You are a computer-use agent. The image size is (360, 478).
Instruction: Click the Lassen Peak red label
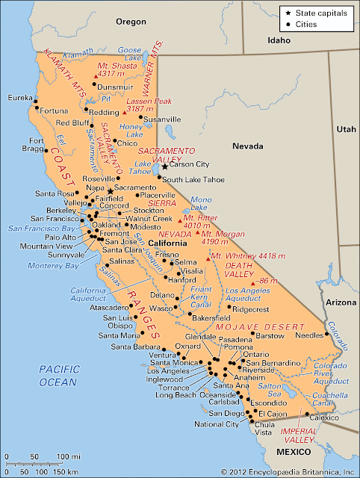pos(149,105)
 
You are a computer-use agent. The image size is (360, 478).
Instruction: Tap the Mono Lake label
pos(202,203)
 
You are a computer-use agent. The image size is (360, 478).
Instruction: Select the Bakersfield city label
pos(190,317)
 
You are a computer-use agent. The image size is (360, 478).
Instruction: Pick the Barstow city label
pos(270,336)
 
